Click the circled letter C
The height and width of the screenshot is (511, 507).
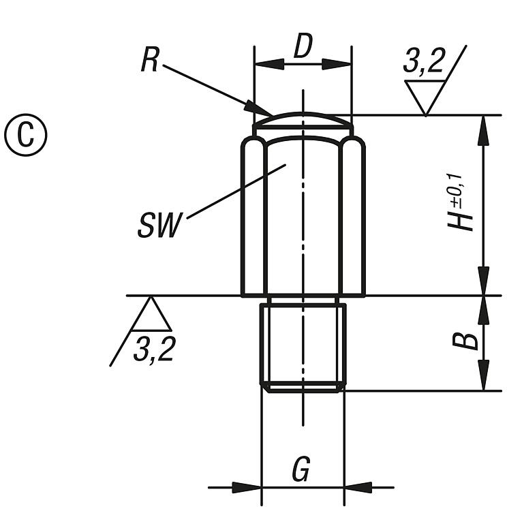click(26, 134)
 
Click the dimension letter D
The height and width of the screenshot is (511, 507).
click(302, 47)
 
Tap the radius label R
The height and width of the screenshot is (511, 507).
click(149, 60)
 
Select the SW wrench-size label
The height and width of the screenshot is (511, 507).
click(160, 226)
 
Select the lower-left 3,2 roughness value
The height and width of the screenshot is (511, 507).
click(154, 350)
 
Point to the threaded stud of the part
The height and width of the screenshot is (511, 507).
click(303, 346)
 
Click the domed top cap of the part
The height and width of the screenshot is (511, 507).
click(303, 121)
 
